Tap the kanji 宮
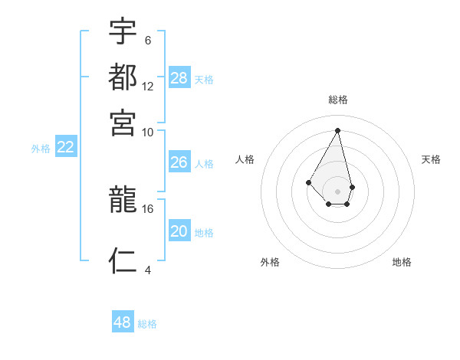[x=123, y=122]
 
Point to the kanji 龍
[x=123, y=201]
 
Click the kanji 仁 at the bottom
[x=123, y=260]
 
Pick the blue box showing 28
[x=179, y=78]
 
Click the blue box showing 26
[x=179, y=162]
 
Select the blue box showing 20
[x=179, y=231]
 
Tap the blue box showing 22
[x=66, y=148]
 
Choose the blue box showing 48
[x=123, y=322]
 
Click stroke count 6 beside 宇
[x=147, y=41]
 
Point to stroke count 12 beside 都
[x=148, y=87]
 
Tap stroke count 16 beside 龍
[x=148, y=208]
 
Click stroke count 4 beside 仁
[x=147, y=269]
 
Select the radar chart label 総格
[x=338, y=100]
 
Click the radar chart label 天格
[x=432, y=159]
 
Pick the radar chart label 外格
[x=270, y=262]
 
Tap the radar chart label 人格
[x=245, y=159]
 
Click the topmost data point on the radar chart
[x=338, y=129]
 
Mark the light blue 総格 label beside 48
[x=147, y=324]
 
